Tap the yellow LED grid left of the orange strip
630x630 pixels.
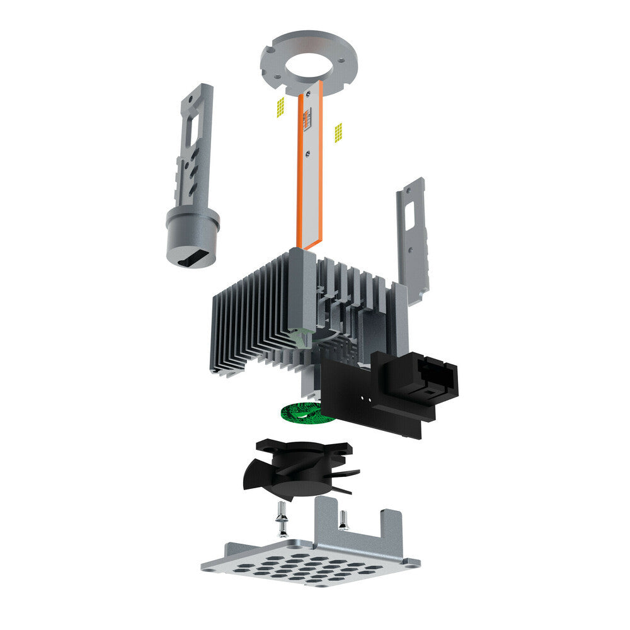coord(281,106)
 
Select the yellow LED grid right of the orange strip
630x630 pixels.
coord(338,132)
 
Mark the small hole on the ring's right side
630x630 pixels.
coord(341,61)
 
